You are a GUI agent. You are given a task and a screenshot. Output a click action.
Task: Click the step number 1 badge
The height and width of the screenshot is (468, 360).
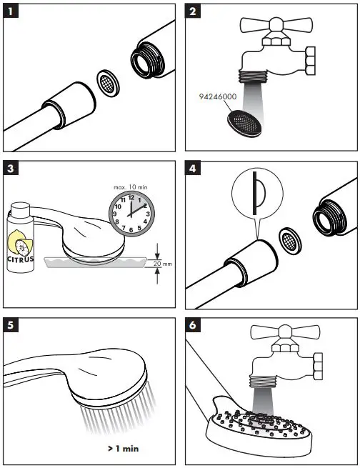pyautogui.click(x=11, y=11)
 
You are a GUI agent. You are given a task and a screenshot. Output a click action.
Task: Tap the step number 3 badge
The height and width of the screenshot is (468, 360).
pyautogui.click(x=11, y=169)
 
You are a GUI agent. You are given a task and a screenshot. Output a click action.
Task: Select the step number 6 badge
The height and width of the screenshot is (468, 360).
pyautogui.click(x=193, y=325)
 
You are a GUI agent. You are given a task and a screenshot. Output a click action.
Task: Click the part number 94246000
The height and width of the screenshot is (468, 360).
pyautogui.click(x=218, y=96)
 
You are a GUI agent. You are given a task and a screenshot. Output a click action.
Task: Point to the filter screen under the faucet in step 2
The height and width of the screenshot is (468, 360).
pyautogui.click(x=245, y=123)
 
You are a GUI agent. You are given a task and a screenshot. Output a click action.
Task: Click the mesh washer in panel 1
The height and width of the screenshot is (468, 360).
pyautogui.click(x=108, y=84)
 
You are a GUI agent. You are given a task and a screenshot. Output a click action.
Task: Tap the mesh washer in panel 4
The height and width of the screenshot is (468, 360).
pyautogui.click(x=290, y=241)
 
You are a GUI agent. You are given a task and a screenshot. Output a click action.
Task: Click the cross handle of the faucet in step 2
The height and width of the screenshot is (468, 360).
pyautogui.click(x=276, y=25)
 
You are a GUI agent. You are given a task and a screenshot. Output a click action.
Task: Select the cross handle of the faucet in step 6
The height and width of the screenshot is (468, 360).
pyautogui.click(x=286, y=332)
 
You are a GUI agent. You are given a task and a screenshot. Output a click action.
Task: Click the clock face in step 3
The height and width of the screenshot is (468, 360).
pyautogui.click(x=131, y=214)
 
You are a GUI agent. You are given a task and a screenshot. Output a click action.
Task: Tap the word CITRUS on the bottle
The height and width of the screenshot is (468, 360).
pyautogui.click(x=20, y=259)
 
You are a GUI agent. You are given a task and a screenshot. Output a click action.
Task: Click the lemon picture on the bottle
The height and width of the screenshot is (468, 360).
pyautogui.click(x=20, y=244)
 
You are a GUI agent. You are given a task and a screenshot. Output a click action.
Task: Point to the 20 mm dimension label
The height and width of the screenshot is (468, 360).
pyautogui.click(x=163, y=264)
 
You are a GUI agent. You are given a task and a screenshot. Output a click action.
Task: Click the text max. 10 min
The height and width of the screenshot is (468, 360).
pyautogui.click(x=131, y=187)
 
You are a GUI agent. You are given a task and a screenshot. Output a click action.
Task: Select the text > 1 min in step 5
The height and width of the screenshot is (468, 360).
pyautogui.click(x=123, y=448)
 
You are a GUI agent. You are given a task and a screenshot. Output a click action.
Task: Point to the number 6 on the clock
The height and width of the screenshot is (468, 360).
pyautogui.click(x=131, y=230)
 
